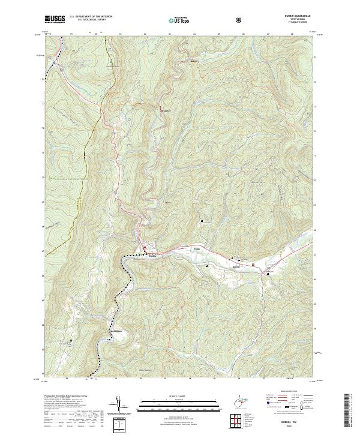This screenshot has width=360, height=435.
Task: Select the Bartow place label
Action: (236, 262)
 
